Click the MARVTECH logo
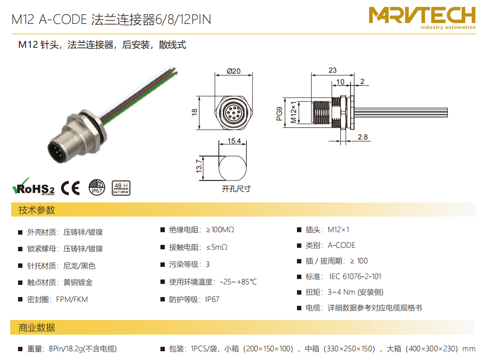point(422,18)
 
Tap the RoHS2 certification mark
point(33,186)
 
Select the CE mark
point(70,188)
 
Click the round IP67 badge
point(97,187)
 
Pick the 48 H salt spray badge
point(121,188)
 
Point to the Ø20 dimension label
point(234,71)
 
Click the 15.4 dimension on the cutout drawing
point(234,141)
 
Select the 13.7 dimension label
point(199,166)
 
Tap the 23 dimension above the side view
point(333,70)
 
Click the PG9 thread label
point(279,114)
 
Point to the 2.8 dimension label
point(363,137)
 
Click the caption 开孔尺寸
point(236,189)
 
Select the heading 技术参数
point(37,210)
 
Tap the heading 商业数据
point(37,328)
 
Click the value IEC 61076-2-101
point(355,277)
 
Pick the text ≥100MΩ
point(220,230)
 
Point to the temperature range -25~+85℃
point(238,282)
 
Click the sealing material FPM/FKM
point(72,300)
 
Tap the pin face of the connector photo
point(57,152)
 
